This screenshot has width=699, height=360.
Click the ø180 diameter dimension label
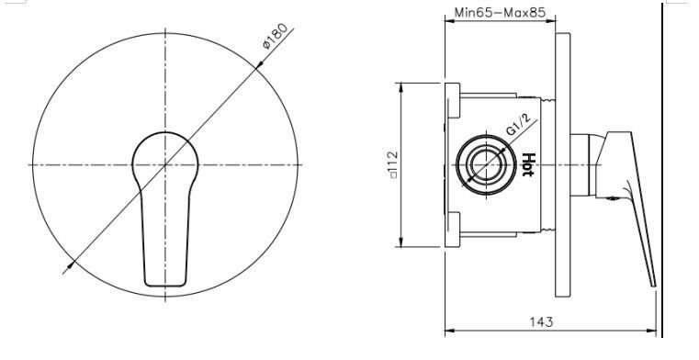coord(275,38)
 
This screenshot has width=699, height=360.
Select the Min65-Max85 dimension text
coord(500,13)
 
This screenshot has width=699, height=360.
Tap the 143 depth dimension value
coord(541,321)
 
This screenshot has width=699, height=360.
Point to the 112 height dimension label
coord(393,164)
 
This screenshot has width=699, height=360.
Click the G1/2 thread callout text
coord(518,125)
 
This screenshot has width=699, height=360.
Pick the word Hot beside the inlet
coord(528,165)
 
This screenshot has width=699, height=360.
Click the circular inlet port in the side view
coord(486,165)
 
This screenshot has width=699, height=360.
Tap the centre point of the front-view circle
coord(165,165)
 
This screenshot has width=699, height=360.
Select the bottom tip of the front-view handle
coord(165,285)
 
